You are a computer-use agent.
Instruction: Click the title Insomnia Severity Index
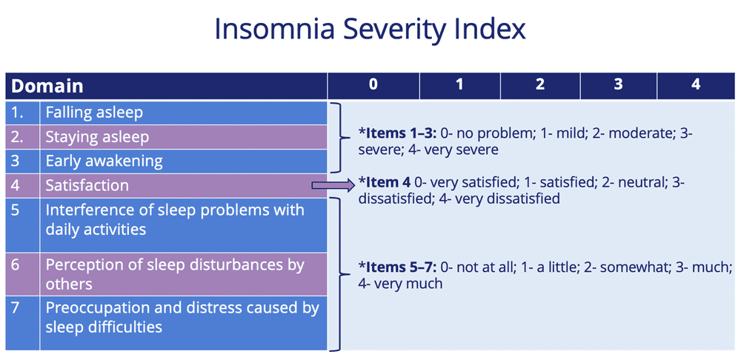pyautogui.click(x=370, y=30)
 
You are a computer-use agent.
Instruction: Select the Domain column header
pyautogui.click(x=47, y=85)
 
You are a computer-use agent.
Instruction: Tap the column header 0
pyautogui.click(x=373, y=84)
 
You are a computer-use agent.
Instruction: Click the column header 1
pyautogui.click(x=459, y=84)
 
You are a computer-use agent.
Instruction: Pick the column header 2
pyautogui.click(x=540, y=84)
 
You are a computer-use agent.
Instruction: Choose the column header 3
pyautogui.click(x=618, y=84)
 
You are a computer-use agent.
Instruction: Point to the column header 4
pyautogui.click(x=696, y=84)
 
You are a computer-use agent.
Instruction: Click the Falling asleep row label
pyautogui.click(x=94, y=113)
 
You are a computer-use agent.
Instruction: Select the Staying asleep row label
pyautogui.click(x=97, y=137)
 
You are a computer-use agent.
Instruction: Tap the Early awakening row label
pyautogui.click(x=104, y=161)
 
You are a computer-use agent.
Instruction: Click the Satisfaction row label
pyautogui.click(x=87, y=185)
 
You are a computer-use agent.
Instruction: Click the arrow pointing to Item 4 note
pyautogui.click(x=333, y=185)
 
